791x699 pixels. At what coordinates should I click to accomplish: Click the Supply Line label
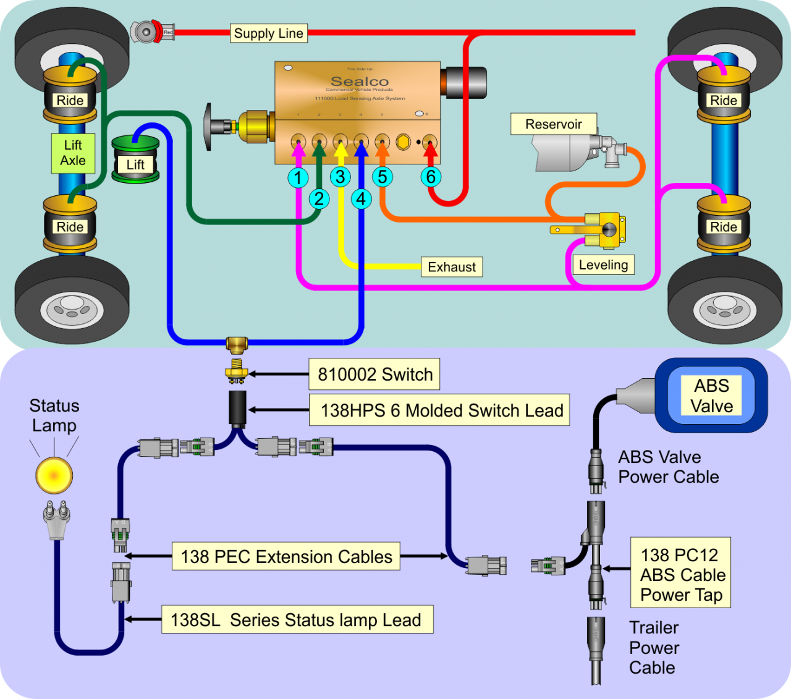269,33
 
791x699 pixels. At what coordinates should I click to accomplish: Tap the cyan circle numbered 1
298,178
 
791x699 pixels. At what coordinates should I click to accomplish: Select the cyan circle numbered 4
361,199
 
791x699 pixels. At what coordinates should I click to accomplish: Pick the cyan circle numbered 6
431,177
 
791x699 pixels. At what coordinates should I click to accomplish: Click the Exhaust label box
452,267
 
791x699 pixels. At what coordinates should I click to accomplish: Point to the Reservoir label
553,124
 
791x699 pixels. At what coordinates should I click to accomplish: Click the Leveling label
603,265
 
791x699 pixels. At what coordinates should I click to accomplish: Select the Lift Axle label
73,153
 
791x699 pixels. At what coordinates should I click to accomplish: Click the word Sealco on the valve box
360,82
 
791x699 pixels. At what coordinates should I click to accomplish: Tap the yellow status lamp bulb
54,475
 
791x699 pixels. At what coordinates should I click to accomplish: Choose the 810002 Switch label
374,375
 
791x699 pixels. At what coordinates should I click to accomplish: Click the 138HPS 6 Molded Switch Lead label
441,410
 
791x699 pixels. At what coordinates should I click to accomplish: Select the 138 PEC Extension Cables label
286,557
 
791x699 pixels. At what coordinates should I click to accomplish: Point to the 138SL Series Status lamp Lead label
297,620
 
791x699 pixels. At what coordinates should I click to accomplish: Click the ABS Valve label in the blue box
712,396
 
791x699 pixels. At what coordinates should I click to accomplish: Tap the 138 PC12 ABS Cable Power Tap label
681,574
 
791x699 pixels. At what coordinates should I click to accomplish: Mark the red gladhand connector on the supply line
152,32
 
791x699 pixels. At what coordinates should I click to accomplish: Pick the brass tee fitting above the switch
237,344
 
